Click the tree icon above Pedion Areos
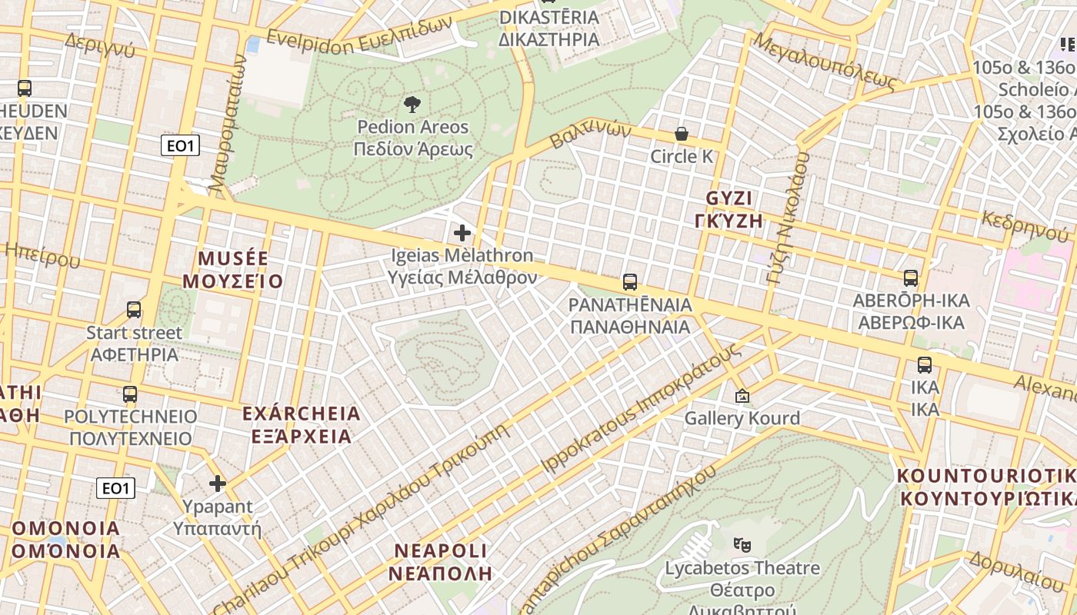point(412,104)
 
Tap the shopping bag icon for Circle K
point(682,134)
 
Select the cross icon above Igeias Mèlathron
point(462,232)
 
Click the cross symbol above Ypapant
point(218,484)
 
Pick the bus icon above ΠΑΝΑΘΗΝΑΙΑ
point(630,282)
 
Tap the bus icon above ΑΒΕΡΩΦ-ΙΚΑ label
point(911,278)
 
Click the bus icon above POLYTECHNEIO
point(130,394)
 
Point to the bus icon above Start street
point(134,310)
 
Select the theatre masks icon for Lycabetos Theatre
point(742,545)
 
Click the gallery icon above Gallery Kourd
point(742,397)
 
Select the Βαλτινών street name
point(590,136)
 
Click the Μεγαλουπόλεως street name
point(826,60)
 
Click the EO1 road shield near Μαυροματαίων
point(180,145)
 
